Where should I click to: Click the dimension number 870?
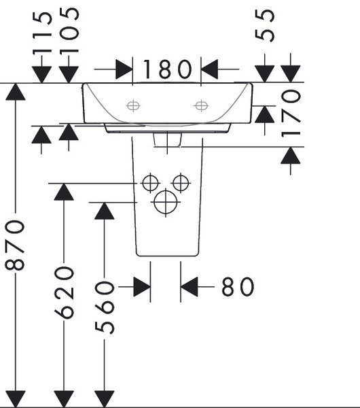[x=15, y=245]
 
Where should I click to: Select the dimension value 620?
[x=64, y=292]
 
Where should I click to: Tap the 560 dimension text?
[x=104, y=307]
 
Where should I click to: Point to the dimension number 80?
[x=238, y=286]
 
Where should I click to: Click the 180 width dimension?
[x=167, y=69]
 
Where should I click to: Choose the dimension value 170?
[x=291, y=113]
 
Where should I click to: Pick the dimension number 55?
[x=264, y=25]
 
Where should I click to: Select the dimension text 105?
[x=69, y=31]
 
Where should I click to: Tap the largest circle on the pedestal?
[x=165, y=202]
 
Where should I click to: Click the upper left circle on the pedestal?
[x=150, y=183]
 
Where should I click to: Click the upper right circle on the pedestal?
[x=181, y=183]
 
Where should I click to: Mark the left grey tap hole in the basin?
[x=133, y=105]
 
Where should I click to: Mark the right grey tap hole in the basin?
[x=201, y=105]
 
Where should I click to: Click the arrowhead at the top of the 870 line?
[x=16, y=92]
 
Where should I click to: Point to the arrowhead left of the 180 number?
[x=124, y=69]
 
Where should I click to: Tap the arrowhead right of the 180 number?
[x=209, y=69]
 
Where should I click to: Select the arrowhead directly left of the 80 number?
[x=189, y=287]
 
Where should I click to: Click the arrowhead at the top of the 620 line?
[x=64, y=192]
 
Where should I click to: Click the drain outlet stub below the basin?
[x=167, y=139]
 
